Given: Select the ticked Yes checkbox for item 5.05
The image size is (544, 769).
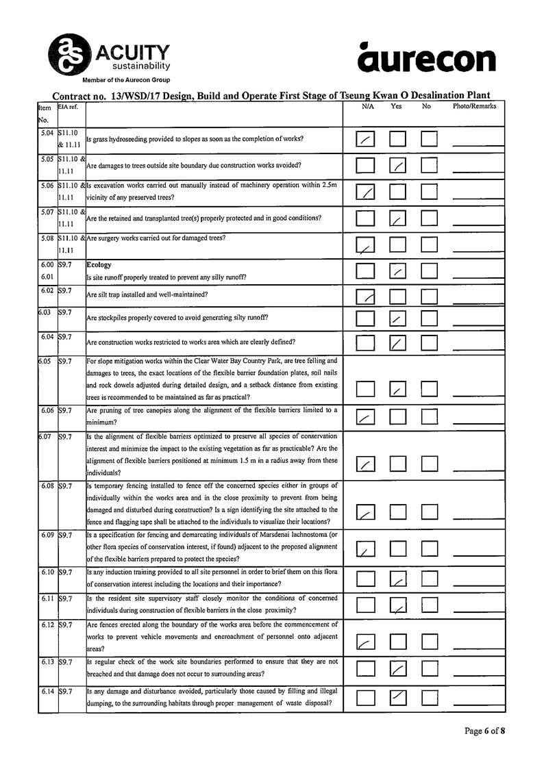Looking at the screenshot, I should [x=398, y=166].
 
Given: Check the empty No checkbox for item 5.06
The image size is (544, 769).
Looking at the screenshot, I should [x=430, y=192].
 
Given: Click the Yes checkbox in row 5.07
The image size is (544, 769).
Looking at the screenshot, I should [x=398, y=218].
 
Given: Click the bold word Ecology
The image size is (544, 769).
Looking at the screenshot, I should [x=100, y=264].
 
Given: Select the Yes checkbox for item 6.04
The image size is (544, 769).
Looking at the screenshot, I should [x=398, y=342].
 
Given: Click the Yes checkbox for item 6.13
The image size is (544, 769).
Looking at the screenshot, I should [x=398, y=669].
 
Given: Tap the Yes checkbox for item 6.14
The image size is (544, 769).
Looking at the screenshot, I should [x=398, y=697].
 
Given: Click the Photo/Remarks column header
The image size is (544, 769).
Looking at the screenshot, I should [x=474, y=107].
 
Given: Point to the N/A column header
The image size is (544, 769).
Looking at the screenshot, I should [x=368, y=107].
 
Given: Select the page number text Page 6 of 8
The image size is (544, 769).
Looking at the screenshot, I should [x=484, y=731].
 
